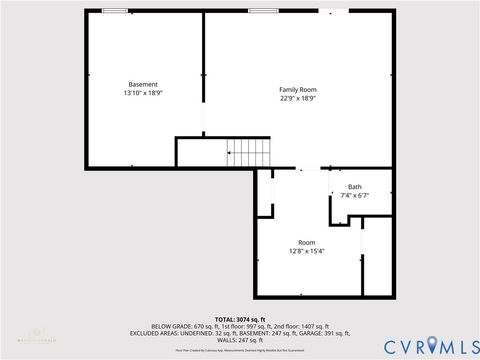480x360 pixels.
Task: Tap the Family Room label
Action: point(297,90)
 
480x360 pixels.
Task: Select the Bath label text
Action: point(355,187)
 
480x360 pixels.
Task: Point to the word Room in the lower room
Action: point(306,242)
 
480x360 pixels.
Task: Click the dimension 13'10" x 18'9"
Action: point(143,93)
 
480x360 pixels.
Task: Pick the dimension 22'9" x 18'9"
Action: point(297,99)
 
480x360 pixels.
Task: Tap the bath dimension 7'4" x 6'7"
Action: point(355,196)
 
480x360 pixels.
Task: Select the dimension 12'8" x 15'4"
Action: point(306,251)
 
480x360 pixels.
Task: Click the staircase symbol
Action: point(249,152)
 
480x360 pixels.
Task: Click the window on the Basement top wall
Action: point(114,11)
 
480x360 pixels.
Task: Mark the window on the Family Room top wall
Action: point(263,11)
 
